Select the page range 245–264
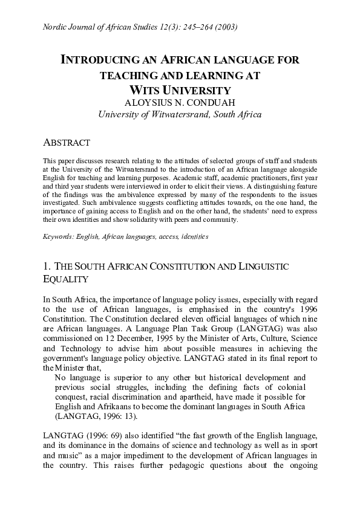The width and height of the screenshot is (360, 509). click(x=194, y=27)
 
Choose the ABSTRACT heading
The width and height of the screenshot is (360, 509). click(x=67, y=143)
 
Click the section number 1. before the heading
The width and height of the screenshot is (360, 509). click(x=47, y=267)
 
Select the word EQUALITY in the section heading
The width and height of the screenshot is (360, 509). click(x=66, y=280)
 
